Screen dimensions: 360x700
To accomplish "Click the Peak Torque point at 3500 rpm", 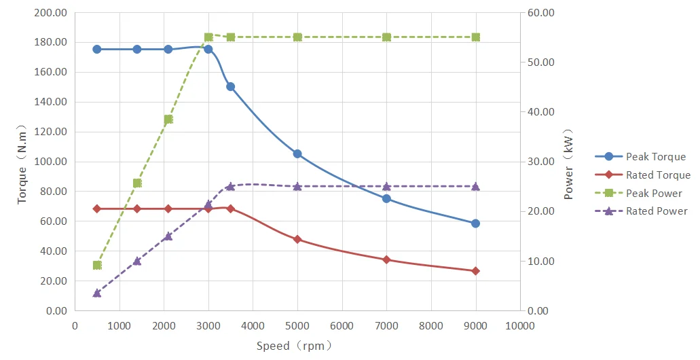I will click(x=230, y=86).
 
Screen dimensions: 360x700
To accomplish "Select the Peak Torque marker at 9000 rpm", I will click(x=475, y=223).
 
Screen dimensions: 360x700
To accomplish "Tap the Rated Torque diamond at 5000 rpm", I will click(x=297, y=239).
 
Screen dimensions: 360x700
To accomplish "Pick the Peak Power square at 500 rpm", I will click(x=97, y=265).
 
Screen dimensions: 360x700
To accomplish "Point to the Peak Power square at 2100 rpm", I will click(x=168, y=119).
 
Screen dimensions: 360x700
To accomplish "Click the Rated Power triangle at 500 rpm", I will click(x=97, y=293).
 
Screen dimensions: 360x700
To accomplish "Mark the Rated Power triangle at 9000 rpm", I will click(x=475, y=186).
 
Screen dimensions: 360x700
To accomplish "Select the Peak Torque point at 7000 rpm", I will click(x=386, y=198).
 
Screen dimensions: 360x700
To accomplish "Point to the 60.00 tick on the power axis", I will click(x=541, y=13).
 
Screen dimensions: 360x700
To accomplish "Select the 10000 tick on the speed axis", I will click(x=519, y=325).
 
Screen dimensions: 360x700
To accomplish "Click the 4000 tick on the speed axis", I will click(x=253, y=325).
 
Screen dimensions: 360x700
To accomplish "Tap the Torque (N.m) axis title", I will click(x=22, y=163).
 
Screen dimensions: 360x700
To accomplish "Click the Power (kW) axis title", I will click(x=569, y=163).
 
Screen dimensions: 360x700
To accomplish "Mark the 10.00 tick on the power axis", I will click(x=541, y=262).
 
